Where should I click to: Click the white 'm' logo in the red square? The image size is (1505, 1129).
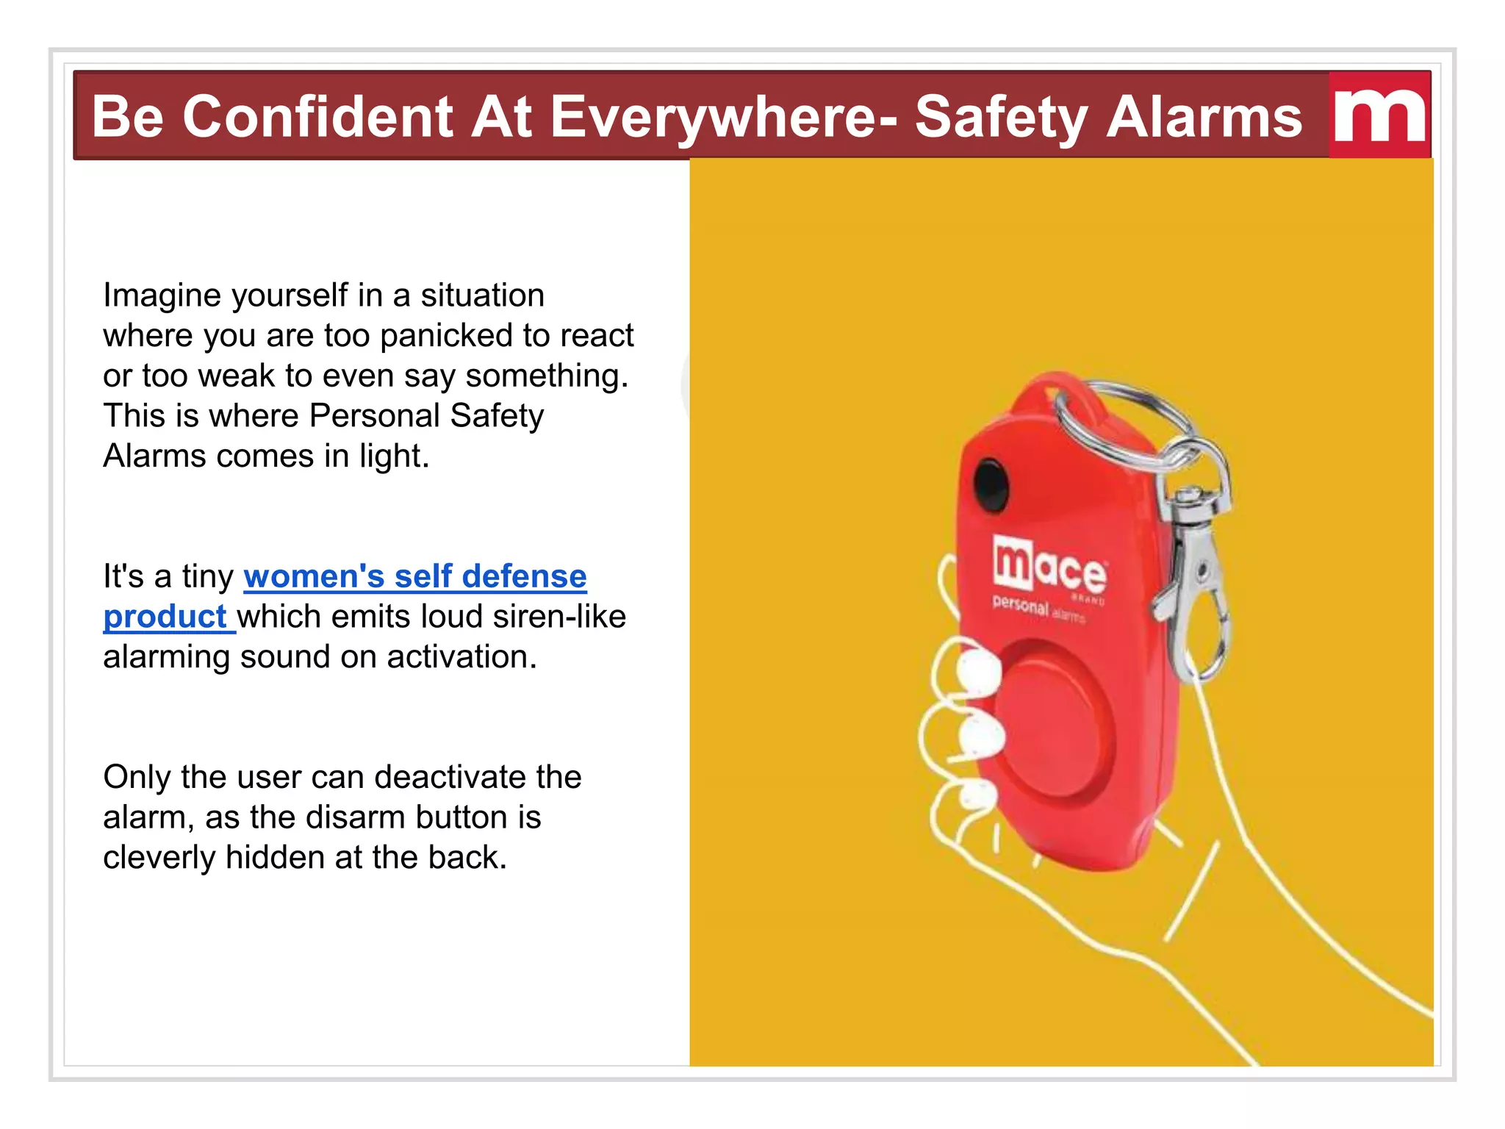coord(1379,116)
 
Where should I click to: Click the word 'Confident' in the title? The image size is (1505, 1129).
coord(317,118)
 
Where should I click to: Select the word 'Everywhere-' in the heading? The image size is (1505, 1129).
coord(724,118)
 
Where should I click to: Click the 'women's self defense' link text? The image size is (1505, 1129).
coord(415,576)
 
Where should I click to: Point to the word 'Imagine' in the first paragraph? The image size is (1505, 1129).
coord(162,295)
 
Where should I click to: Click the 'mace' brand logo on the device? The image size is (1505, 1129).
coord(1049,567)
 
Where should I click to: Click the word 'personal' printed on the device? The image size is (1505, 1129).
coord(1020,605)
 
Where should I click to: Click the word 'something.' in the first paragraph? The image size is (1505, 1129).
coord(547,376)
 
